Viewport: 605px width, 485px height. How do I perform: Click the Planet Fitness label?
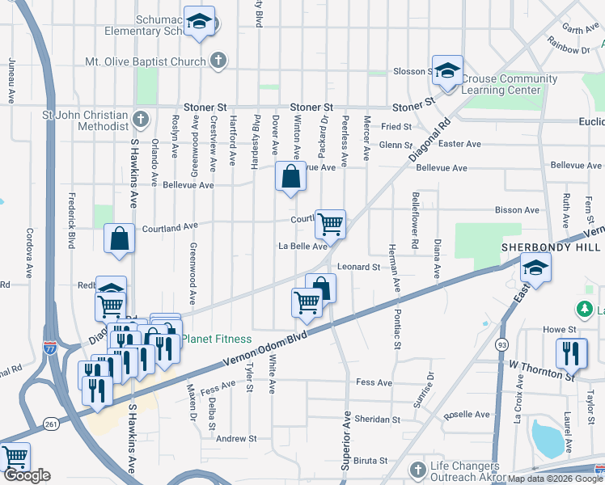point(216,339)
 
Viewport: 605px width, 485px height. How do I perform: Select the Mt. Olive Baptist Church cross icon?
point(218,61)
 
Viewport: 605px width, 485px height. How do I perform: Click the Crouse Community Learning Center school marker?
point(447,70)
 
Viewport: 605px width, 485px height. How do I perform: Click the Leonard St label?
point(358,267)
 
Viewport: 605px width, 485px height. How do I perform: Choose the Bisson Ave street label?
point(517,210)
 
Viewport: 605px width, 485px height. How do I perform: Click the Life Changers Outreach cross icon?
point(417,470)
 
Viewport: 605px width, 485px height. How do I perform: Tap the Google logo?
point(26,476)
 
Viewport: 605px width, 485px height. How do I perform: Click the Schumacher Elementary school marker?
point(197,22)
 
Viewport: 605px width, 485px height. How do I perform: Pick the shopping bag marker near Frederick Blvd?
point(120,238)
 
